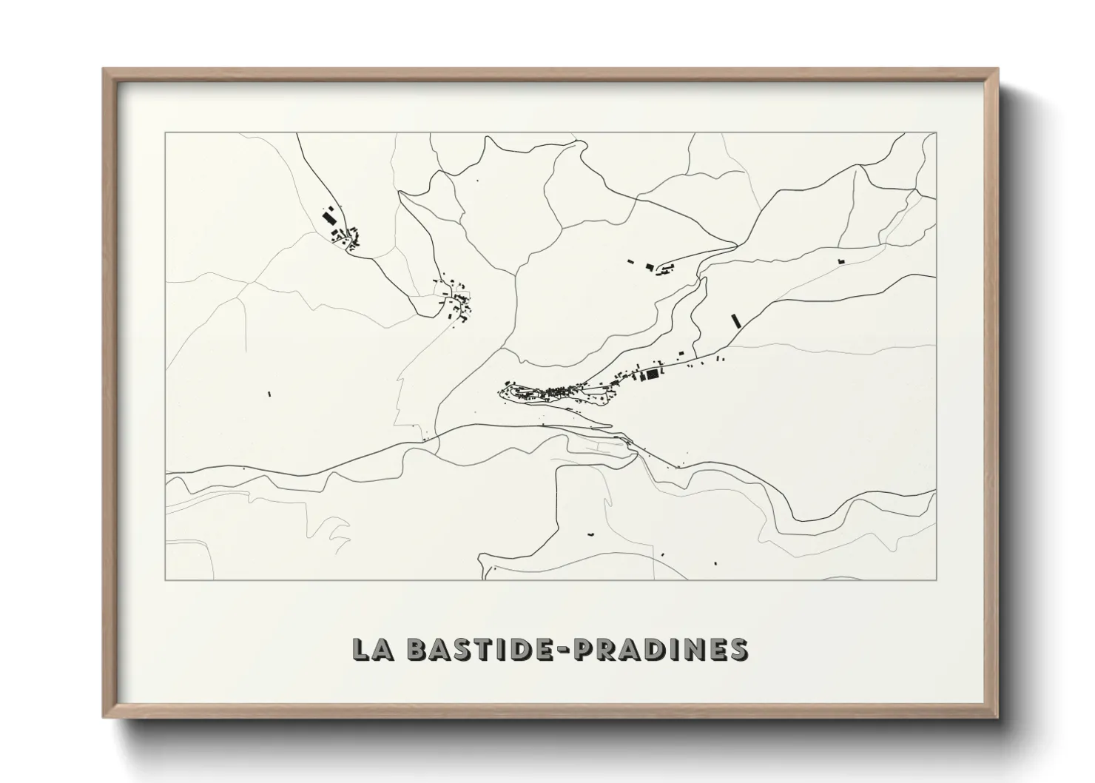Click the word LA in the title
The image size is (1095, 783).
(371, 649)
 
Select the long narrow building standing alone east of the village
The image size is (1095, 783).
(735, 320)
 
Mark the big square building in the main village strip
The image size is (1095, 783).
(652, 375)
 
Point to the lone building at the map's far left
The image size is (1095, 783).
(269, 394)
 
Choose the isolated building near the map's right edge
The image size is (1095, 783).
(840, 261)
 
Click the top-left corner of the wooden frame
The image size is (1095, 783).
(104, 70)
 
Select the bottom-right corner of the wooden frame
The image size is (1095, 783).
(997, 717)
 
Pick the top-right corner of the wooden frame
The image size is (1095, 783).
(997, 70)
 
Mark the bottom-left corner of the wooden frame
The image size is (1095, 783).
(104, 717)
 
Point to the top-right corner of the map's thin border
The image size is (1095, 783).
(936, 133)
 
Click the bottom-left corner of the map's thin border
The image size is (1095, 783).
(166, 579)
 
